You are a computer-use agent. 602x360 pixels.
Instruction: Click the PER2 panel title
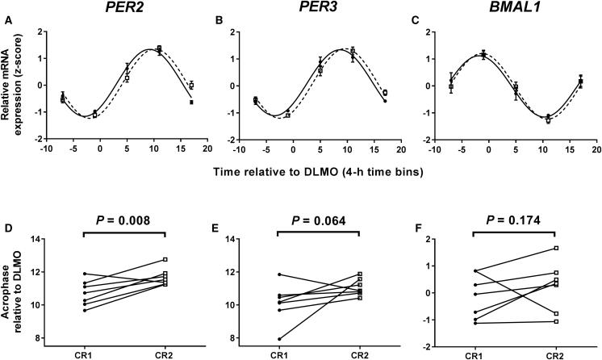(127, 10)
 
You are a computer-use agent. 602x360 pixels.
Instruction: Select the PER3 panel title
(319, 10)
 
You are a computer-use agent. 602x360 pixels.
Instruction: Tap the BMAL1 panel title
(510, 10)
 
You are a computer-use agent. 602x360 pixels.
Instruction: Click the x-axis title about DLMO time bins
(320, 172)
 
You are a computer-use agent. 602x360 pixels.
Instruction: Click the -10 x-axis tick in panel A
(46, 150)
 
